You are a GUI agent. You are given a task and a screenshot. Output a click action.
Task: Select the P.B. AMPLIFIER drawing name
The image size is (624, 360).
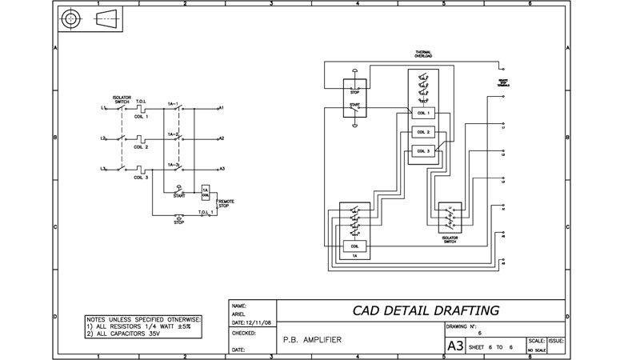[x=312, y=340]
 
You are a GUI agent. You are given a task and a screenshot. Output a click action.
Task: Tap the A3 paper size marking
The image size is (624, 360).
[x=454, y=346]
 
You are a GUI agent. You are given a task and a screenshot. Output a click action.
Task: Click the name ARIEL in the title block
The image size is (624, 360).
[x=238, y=314]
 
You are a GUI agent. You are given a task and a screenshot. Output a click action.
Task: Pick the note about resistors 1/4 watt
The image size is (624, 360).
[x=144, y=326]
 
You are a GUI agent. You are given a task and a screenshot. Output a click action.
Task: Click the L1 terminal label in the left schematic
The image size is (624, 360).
[x=104, y=107]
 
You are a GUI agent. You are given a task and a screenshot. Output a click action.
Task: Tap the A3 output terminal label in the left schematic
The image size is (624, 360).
[x=222, y=169]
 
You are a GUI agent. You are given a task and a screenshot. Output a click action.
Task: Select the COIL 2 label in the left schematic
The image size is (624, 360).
[x=141, y=147]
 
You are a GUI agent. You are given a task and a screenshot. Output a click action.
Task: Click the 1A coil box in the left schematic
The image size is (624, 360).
[x=206, y=192]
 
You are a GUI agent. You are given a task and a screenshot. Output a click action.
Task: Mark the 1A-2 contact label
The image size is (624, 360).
[x=173, y=134]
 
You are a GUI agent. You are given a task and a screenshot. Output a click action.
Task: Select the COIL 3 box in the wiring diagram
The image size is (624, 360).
[x=423, y=150]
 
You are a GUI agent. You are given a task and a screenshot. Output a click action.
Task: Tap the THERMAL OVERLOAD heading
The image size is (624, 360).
[x=423, y=55]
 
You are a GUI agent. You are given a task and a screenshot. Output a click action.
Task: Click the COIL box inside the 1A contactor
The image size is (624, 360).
[x=354, y=246]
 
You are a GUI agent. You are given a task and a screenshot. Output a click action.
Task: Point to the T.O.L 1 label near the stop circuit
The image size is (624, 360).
[x=206, y=212]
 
